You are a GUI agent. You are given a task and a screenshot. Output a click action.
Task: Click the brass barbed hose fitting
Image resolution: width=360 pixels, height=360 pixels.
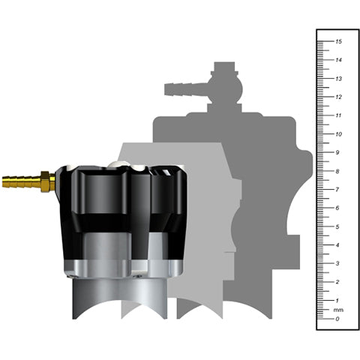point(21,181)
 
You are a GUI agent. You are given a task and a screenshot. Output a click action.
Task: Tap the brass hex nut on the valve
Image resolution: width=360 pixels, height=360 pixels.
point(46,181)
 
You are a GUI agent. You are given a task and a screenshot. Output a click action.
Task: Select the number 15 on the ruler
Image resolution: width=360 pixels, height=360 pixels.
point(339,42)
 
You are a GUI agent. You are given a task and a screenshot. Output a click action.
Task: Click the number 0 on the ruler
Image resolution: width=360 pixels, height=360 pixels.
point(339,319)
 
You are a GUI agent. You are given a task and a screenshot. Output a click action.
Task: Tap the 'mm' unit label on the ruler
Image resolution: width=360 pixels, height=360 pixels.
point(338,310)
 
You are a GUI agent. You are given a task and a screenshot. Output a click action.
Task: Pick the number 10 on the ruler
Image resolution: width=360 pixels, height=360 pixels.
point(339,134)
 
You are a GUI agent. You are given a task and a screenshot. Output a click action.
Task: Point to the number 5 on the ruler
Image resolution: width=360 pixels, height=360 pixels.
point(339,226)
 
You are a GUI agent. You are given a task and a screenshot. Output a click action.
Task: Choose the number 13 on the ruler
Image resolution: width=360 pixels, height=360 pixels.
point(339,79)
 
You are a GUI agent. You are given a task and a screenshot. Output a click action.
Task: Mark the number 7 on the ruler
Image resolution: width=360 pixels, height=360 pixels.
point(339,190)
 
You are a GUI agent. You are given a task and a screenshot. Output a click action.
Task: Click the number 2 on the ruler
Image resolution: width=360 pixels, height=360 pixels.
point(339,282)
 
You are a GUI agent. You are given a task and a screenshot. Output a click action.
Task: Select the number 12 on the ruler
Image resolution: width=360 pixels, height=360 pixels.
point(339,97)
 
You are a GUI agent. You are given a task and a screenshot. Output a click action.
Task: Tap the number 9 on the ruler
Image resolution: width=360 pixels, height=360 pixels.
point(339,153)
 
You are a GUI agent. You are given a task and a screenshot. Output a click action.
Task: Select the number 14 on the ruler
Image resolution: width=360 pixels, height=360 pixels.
point(339,61)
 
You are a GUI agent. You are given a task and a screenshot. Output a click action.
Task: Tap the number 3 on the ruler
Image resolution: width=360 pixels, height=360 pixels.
point(339,263)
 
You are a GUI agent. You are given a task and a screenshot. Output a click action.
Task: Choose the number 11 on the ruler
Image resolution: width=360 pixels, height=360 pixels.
point(339,115)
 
